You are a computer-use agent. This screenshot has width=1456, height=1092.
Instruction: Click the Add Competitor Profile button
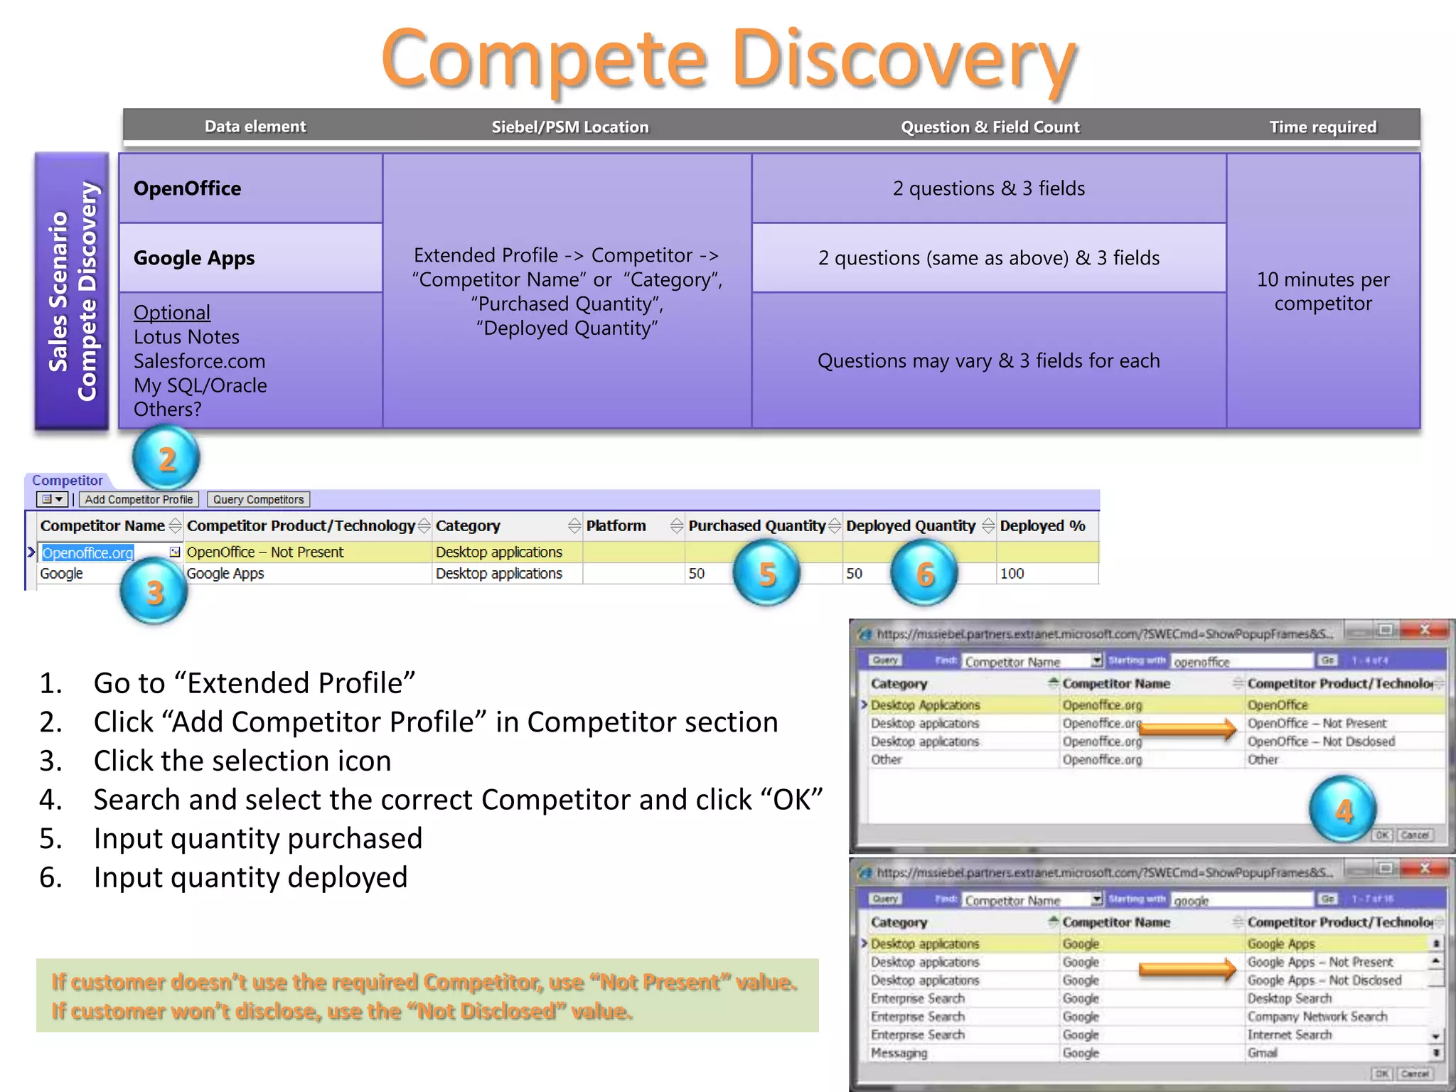(139, 500)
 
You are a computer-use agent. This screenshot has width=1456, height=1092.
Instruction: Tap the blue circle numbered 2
(166, 459)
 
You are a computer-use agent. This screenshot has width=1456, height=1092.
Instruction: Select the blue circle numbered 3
(154, 591)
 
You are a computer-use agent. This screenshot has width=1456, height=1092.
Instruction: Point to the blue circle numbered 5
(766, 573)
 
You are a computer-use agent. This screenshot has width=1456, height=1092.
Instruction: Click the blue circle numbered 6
(924, 573)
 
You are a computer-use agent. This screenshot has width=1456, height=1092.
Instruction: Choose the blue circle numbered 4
(1343, 810)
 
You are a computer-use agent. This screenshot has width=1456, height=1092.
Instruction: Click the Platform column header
(616, 526)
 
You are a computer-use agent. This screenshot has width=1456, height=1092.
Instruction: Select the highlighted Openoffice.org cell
(88, 552)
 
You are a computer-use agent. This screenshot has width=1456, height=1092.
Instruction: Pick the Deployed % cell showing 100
(1012, 574)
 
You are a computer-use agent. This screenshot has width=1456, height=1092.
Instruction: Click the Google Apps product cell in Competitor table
(225, 574)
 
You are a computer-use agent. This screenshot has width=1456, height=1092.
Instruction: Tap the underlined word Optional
(172, 313)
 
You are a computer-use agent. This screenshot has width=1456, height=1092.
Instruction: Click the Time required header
(1323, 127)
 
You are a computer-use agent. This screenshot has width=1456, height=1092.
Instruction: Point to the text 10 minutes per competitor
(1323, 291)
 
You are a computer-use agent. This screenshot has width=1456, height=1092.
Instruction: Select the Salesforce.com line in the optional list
(200, 361)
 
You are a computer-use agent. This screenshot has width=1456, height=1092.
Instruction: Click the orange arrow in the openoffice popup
(1189, 729)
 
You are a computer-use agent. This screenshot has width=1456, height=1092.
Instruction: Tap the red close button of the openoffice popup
(1425, 630)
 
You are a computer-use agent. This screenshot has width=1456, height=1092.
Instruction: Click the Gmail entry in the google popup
(1263, 1053)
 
